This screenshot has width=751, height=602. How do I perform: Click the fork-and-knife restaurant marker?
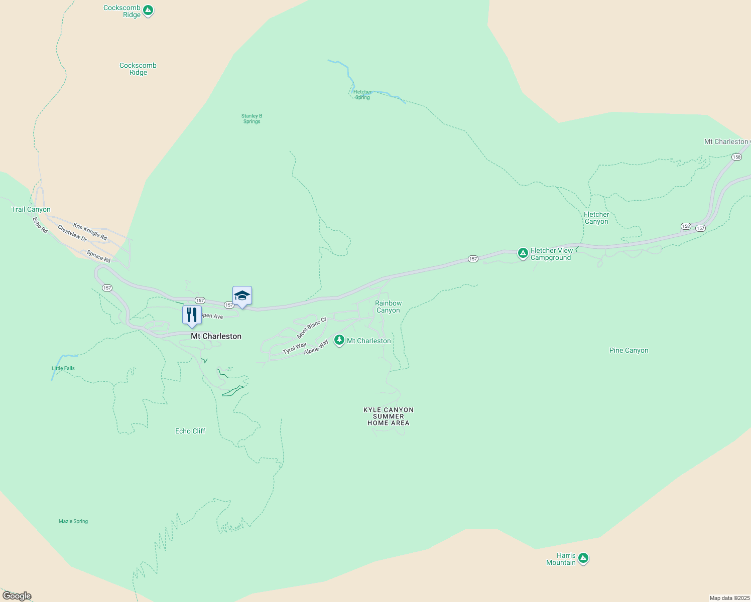click(x=191, y=315)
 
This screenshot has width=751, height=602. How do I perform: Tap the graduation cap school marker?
click(x=242, y=295)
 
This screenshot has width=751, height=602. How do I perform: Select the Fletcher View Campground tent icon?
click(x=523, y=253)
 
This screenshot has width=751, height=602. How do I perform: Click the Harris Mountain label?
click(x=561, y=559)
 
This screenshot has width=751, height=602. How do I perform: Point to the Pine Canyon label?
click(x=629, y=351)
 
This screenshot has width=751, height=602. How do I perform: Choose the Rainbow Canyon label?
click(x=388, y=307)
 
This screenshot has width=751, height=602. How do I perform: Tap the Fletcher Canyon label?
click(x=596, y=218)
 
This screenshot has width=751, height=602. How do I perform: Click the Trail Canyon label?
click(x=31, y=209)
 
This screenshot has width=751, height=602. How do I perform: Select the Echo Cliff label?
click(x=190, y=431)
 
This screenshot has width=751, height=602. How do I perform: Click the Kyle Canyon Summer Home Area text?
click(x=389, y=416)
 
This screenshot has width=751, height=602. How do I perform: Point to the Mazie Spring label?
click(x=73, y=521)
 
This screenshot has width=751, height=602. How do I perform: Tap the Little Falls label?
click(x=63, y=368)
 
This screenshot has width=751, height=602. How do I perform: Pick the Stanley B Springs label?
click(x=252, y=118)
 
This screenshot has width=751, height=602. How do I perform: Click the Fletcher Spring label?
click(x=362, y=94)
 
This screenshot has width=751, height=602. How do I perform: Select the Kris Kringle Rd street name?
click(x=90, y=231)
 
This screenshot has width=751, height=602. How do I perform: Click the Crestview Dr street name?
click(x=72, y=233)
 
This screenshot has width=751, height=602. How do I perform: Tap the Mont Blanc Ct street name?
click(x=311, y=328)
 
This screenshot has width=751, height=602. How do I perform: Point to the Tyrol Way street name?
click(x=294, y=348)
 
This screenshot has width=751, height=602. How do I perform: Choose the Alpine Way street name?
click(x=316, y=347)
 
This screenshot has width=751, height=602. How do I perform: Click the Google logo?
click(x=17, y=596)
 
